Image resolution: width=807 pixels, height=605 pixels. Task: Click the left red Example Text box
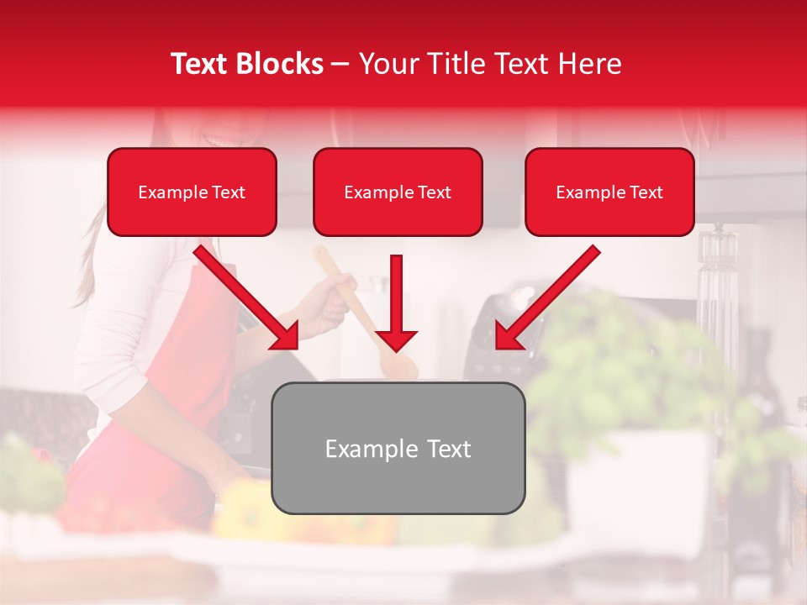(192, 192)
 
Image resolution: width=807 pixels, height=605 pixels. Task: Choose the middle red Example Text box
(398, 192)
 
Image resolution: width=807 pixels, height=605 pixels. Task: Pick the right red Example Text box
(609, 192)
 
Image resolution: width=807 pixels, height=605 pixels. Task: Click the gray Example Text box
(398, 448)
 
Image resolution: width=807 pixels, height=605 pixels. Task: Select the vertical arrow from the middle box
(397, 298)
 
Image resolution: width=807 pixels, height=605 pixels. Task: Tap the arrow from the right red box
(547, 297)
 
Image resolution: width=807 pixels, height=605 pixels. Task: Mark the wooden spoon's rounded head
(402, 368)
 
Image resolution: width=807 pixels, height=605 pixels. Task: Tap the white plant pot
(639, 479)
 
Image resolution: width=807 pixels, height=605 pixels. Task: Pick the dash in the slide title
(340, 64)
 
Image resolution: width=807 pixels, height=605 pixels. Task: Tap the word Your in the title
(388, 64)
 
